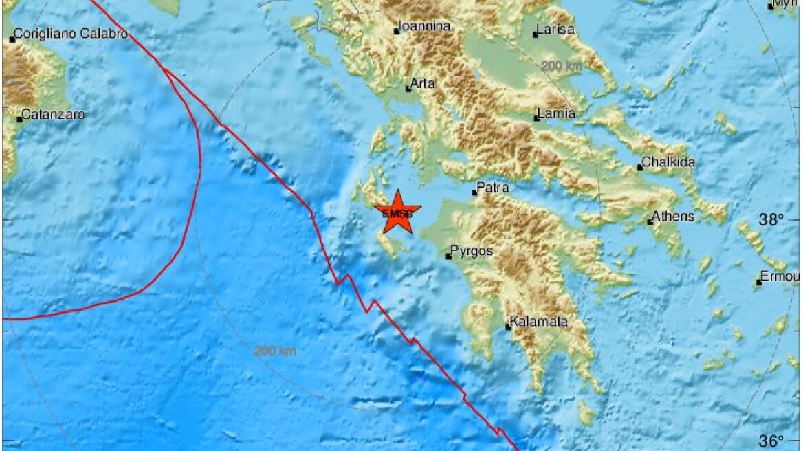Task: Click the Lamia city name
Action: click(558, 114)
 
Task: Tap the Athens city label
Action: click(673, 217)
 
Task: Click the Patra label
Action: click(494, 187)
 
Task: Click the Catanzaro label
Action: click(54, 115)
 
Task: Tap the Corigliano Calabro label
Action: click(71, 34)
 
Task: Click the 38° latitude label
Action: click(771, 220)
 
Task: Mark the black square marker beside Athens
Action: click(650, 222)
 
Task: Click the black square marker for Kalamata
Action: click(509, 327)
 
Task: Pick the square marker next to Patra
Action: click(474, 192)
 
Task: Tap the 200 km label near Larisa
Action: click(562, 66)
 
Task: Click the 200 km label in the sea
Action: click(275, 351)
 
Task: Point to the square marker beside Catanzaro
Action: click(19, 120)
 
